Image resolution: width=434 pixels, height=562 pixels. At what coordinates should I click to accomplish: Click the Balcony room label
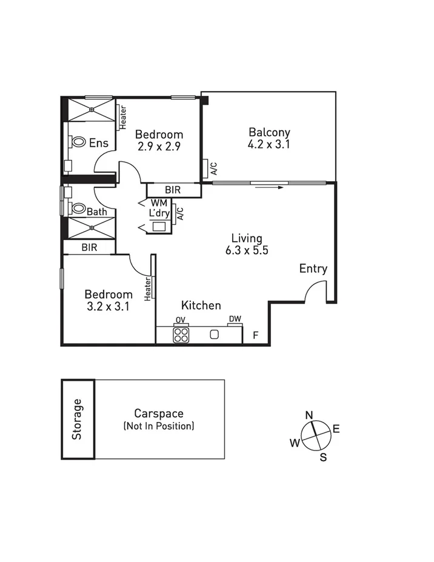coord(269,132)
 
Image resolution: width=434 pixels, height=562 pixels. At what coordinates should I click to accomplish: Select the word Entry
coord(313,269)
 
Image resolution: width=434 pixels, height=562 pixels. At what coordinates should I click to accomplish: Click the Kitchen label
coord(201,306)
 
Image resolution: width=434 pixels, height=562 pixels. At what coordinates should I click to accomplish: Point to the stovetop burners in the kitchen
coord(181,335)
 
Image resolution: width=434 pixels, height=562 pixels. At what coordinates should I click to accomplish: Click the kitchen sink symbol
coord(214,334)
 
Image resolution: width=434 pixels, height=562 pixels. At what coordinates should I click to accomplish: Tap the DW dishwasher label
coord(235,319)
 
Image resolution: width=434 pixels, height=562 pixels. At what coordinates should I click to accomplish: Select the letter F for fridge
coord(255,335)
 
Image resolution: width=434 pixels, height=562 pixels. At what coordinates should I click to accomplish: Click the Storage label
coord(77,419)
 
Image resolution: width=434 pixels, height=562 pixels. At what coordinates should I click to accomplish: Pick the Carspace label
coord(159,414)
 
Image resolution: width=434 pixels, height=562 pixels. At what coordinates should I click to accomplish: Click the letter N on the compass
coord(309,415)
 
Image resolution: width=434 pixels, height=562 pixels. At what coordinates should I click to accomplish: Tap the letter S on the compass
coord(323,458)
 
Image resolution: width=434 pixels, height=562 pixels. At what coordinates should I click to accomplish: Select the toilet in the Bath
coord(77,209)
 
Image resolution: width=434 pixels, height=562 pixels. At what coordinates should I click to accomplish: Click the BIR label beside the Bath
coord(90,247)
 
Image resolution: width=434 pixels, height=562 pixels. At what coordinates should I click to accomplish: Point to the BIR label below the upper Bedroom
coord(173,190)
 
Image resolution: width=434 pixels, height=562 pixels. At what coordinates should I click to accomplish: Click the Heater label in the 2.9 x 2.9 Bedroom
coord(122,118)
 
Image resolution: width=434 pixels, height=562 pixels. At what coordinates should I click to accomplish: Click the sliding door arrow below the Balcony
coord(270,187)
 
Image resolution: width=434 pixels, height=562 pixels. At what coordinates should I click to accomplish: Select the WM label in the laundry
coord(159,202)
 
